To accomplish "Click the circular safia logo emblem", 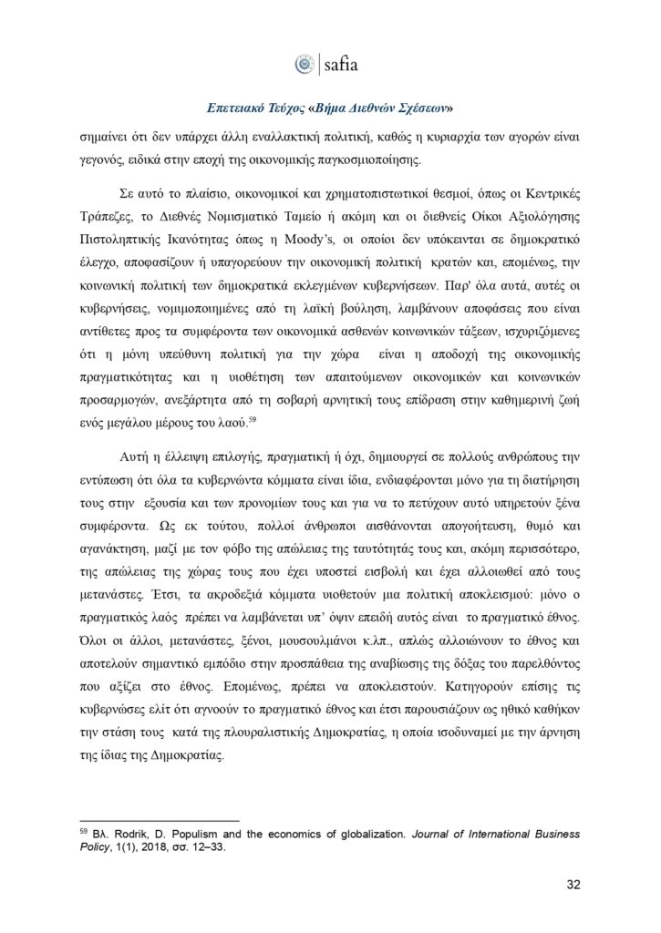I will click(305, 64).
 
